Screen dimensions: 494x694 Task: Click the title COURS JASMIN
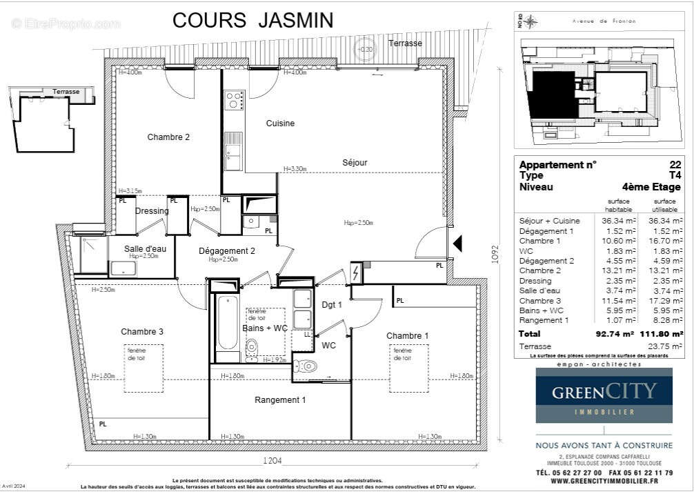click(x=252, y=20)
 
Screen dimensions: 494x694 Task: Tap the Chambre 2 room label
click(x=168, y=137)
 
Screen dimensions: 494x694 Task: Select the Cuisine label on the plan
click(x=280, y=123)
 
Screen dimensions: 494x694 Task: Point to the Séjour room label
click(x=355, y=163)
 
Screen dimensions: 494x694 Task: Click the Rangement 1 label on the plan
click(x=280, y=400)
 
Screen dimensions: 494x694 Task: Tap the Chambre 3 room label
click(x=142, y=332)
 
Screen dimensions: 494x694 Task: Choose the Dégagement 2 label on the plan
click(x=227, y=251)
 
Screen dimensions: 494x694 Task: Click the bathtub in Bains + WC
click(x=227, y=323)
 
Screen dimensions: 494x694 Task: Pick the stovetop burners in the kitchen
click(x=234, y=101)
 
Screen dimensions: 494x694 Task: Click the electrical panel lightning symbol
click(x=356, y=273)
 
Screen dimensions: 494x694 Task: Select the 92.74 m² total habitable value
click(x=615, y=333)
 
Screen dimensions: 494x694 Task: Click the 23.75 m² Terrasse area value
click(x=667, y=346)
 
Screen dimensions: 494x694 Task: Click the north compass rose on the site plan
click(x=530, y=22)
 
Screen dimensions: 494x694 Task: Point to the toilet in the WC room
click(x=306, y=366)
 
